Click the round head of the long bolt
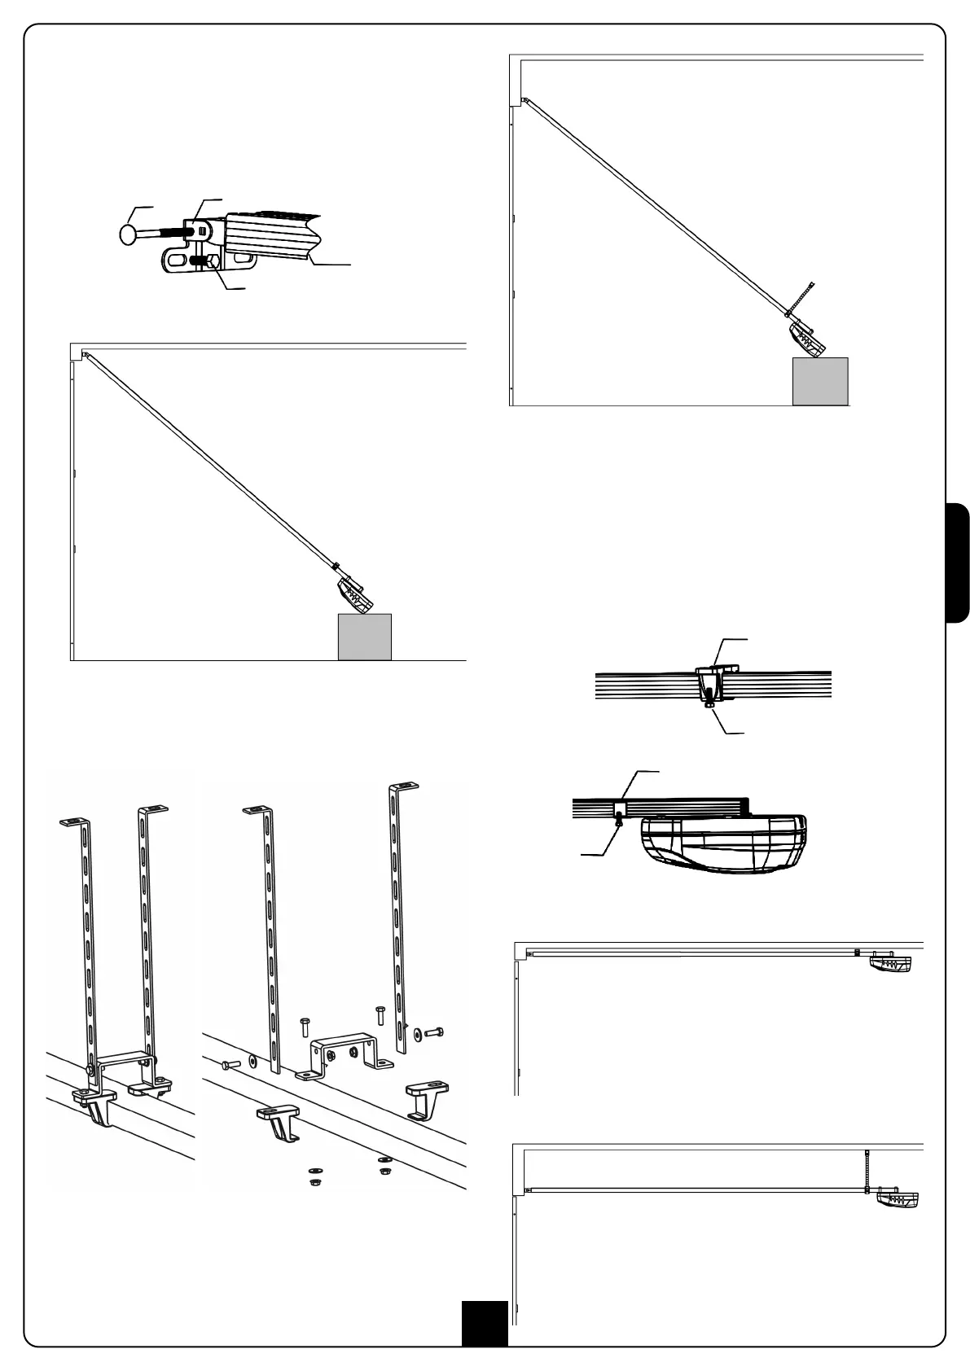[129, 234]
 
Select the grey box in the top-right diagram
[820, 381]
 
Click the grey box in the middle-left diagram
[365, 637]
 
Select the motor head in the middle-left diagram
[355, 596]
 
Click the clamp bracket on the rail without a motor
[710, 681]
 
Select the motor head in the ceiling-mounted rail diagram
[890, 962]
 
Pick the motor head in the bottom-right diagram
[897, 1199]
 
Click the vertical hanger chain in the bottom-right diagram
[868, 1168]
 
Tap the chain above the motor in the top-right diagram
[802, 297]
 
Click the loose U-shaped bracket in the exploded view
[342, 1056]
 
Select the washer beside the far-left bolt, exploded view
[252, 1061]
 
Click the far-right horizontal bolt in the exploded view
[433, 1032]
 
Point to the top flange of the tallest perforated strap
[404, 786]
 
